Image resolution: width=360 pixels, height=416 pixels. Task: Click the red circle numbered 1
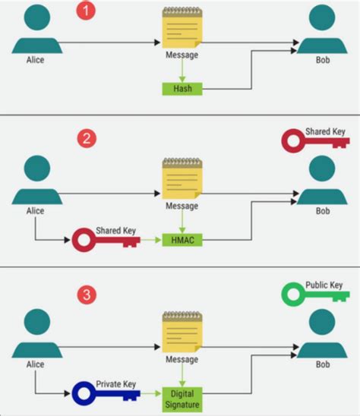point(87,13)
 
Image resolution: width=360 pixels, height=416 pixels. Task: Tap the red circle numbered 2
point(87,140)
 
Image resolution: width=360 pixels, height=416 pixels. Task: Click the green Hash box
point(182,89)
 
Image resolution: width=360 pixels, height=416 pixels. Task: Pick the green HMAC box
point(182,240)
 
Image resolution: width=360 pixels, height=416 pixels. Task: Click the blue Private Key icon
point(106,394)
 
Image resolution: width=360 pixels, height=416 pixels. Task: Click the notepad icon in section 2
point(182,180)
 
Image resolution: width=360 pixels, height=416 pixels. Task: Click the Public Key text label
point(324,285)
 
